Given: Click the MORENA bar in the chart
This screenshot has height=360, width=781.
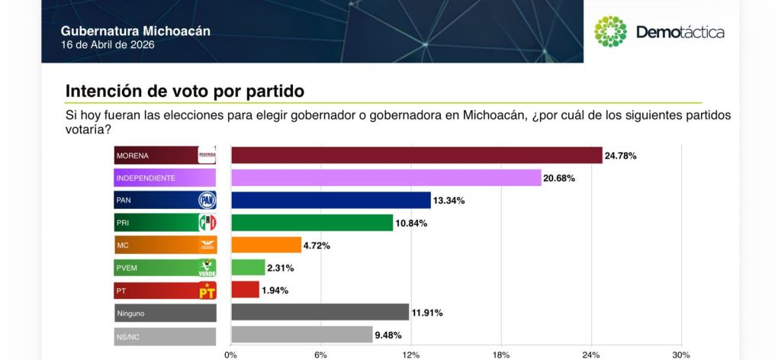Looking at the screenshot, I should (416, 156).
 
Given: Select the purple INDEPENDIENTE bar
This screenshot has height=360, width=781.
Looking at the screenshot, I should (385, 178).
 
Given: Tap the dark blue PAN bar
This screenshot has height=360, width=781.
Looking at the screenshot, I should (330, 201).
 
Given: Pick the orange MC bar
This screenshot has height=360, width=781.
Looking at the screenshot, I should (265, 245).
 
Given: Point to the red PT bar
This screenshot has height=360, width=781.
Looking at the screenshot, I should (245, 290).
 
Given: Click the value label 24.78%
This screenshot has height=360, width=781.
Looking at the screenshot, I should (621, 156).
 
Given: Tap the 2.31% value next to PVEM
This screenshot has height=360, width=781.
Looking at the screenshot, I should (279, 268).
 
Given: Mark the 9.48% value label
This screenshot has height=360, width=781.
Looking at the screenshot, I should (387, 334).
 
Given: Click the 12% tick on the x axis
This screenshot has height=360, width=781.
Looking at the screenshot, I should (411, 355).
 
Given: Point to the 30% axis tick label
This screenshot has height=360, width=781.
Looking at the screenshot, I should (680, 355).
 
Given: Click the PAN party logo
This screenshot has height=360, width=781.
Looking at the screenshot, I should (207, 201).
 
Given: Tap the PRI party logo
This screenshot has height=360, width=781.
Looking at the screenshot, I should (207, 223).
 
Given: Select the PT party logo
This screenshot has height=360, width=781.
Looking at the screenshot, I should (207, 290).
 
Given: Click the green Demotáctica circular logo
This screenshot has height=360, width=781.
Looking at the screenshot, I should (610, 31).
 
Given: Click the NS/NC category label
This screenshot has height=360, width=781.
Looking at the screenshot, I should (127, 335).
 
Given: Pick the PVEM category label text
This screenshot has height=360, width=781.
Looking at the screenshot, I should (127, 268).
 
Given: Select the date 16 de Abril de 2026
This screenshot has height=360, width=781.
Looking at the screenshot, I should (108, 45).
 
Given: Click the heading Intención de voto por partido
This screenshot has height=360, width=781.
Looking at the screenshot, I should (185, 91).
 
